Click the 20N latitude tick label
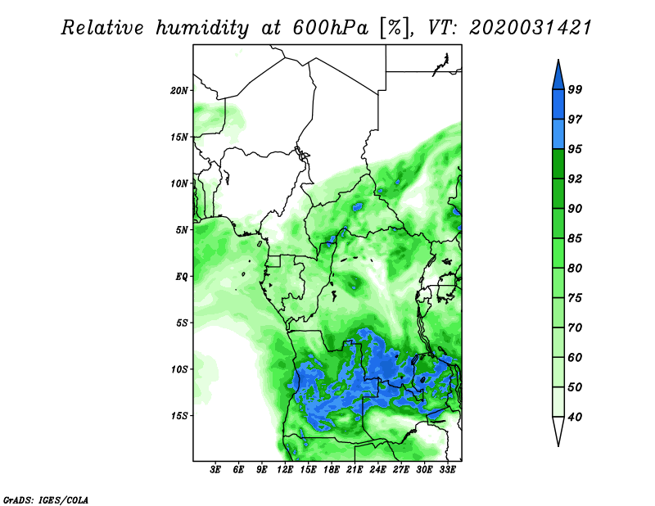(x=180, y=90)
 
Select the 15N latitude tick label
(x=180, y=137)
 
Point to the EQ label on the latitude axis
(x=182, y=276)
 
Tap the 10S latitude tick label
(x=180, y=369)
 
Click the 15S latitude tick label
(x=180, y=416)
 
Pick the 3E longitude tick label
(x=216, y=470)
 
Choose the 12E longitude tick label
(x=286, y=470)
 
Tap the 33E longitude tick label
(x=448, y=470)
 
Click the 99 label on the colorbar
(x=575, y=89)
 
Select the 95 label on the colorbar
(x=575, y=149)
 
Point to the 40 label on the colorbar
(x=575, y=417)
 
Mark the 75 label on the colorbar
(x=575, y=298)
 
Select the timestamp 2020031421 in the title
(x=530, y=27)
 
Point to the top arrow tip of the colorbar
(x=558, y=62)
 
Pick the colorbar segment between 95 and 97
(x=558, y=133)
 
